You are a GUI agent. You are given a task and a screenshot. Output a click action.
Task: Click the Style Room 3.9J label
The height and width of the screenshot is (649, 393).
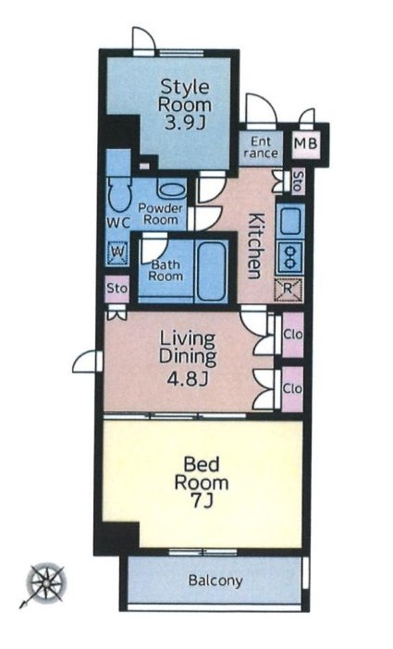[x=185, y=104]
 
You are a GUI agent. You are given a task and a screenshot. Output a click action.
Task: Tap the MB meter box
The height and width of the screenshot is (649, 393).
[x=306, y=143]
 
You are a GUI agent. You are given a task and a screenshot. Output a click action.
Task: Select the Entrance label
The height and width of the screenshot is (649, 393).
[x=261, y=147]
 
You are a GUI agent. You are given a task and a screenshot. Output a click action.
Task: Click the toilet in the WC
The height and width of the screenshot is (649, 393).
[x=119, y=194]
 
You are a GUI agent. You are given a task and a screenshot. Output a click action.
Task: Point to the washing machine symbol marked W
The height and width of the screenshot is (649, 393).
[x=117, y=252]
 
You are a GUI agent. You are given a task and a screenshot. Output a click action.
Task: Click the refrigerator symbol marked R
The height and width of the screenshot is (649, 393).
[x=289, y=289]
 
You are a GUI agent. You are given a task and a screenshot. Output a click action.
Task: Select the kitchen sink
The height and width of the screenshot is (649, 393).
[x=290, y=220]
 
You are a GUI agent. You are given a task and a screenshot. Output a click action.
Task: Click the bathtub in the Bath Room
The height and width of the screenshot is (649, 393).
[x=211, y=271]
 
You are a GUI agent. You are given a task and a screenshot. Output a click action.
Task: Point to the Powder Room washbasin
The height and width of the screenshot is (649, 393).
[x=171, y=190]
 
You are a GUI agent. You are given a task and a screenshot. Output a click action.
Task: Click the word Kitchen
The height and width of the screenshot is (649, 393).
[x=255, y=246]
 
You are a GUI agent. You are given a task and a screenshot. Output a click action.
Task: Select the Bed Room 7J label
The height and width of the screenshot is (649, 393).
[x=202, y=483]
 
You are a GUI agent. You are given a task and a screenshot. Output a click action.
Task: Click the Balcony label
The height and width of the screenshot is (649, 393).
[x=215, y=581]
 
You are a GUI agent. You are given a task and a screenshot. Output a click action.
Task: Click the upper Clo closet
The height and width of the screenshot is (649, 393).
[x=293, y=335]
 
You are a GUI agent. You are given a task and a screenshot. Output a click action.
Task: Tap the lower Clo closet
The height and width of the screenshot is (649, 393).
[x=292, y=389]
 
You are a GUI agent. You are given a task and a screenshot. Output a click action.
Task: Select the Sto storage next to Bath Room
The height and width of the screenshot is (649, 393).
[x=117, y=288]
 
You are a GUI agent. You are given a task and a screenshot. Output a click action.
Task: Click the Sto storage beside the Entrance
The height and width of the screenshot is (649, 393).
[x=298, y=181]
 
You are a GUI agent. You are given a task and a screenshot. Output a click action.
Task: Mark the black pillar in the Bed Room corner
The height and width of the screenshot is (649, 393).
[x=117, y=537]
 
